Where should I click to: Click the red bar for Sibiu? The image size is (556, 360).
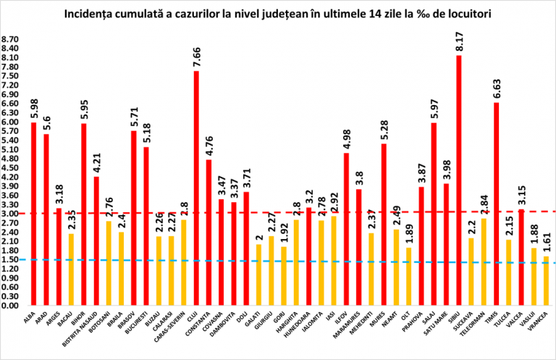(458, 181)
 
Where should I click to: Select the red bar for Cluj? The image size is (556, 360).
(196, 188)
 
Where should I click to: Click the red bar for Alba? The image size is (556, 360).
(33, 214)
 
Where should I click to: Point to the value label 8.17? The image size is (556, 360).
(458, 43)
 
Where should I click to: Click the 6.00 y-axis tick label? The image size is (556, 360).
(13, 122)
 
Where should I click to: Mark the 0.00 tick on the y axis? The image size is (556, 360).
(13, 306)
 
